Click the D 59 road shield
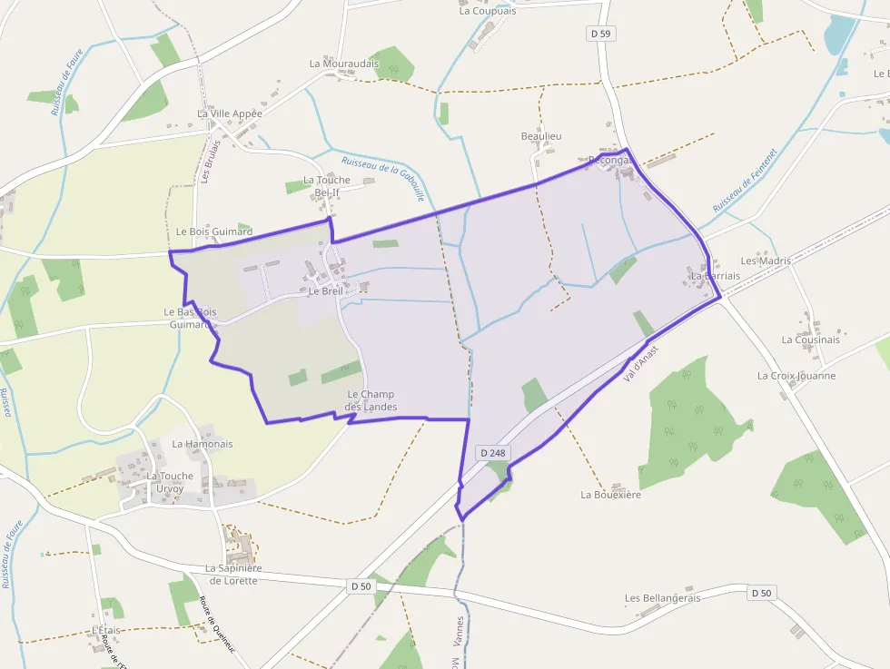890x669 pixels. (x=600, y=34)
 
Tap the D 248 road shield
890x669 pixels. (x=492, y=452)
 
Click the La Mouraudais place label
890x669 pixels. (x=343, y=64)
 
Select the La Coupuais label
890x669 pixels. (x=487, y=11)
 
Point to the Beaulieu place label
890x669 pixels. (x=541, y=136)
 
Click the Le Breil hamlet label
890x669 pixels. (x=325, y=291)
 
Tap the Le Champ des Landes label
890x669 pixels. (x=371, y=400)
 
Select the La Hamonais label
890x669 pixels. (x=202, y=444)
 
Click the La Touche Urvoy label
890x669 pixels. (x=170, y=482)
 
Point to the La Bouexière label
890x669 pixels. (x=610, y=495)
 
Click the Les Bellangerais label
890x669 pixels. (x=662, y=598)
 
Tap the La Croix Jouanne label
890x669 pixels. (x=796, y=375)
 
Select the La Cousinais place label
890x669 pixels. (x=810, y=339)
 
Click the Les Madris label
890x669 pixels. (x=766, y=261)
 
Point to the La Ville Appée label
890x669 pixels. (x=229, y=113)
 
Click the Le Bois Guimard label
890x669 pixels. (x=213, y=231)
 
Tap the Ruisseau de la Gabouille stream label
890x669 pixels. (x=382, y=179)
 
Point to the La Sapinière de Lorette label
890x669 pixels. (x=233, y=574)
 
